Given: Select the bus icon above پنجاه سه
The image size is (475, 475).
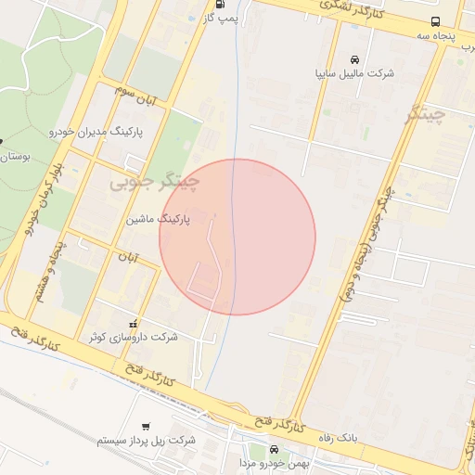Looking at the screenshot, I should tap(436, 21).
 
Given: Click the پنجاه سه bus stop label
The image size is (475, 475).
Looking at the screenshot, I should tap(436, 35).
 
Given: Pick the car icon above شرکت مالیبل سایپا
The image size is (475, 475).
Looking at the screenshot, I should tap(354, 58).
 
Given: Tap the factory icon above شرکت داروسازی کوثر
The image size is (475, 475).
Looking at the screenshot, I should tap(133, 324).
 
